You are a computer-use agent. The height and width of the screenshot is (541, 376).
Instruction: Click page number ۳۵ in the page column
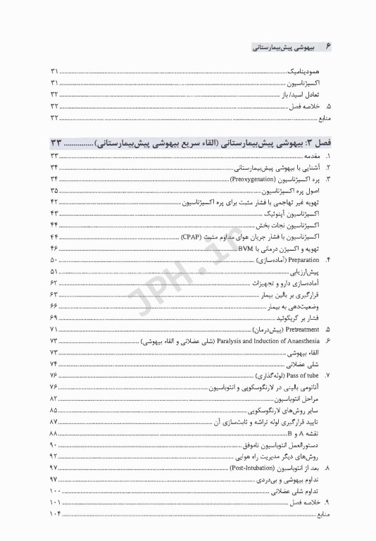click(55, 192)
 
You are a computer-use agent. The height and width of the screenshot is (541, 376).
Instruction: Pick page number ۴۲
click(55, 203)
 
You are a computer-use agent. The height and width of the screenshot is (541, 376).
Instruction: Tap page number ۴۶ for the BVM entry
click(55, 249)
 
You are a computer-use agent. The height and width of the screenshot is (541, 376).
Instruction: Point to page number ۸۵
click(55, 409)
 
